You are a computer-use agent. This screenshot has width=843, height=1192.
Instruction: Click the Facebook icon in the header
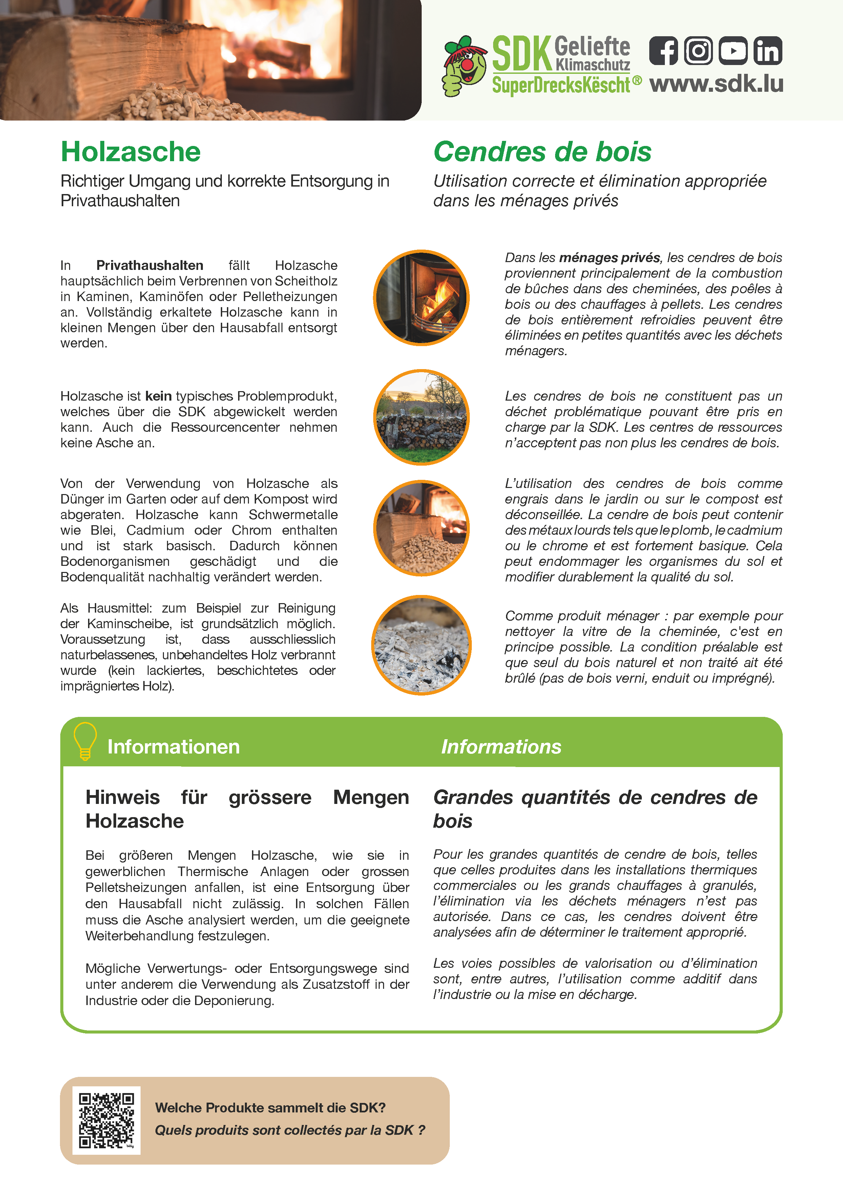tap(663, 51)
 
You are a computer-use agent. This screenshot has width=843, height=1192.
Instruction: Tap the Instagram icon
tap(698, 51)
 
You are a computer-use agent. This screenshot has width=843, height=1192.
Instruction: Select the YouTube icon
tap(733, 51)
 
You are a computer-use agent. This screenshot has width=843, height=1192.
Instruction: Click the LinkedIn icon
tap(768, 51)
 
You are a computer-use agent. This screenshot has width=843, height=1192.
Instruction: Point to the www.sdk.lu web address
tap(716, 84)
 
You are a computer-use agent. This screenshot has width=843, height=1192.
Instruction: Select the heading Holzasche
tap(130, 152)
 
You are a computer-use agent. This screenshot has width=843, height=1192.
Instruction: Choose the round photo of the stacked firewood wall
tap(421, 418)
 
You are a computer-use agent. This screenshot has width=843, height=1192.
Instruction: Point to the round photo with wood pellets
tap(421, 528)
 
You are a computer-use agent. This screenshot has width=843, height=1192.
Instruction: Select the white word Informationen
tap(173, 747)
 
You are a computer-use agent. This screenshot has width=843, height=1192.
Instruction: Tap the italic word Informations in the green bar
tap(501, 747)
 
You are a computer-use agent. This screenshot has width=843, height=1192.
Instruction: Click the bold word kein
tap(158, 396)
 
